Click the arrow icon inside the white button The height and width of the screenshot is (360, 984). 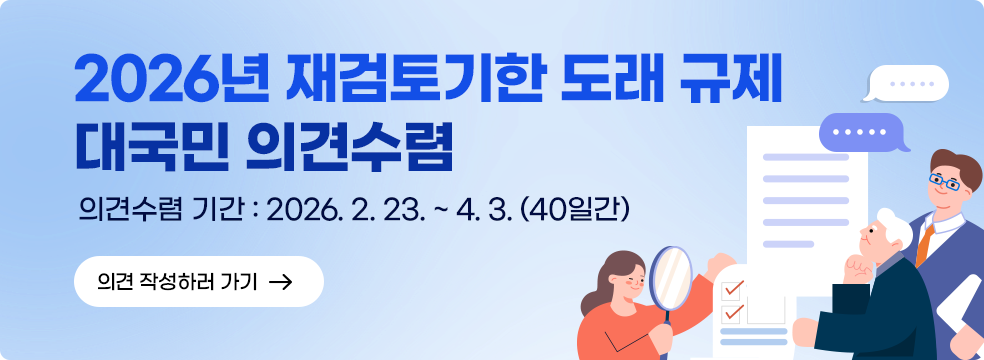coord(281,282)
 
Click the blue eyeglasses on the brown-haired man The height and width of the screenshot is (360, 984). coord(944,182)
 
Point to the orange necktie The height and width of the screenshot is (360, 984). coord(925,239)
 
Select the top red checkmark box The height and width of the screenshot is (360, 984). coord(732,288)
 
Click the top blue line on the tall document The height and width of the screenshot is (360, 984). coord(805,157)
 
